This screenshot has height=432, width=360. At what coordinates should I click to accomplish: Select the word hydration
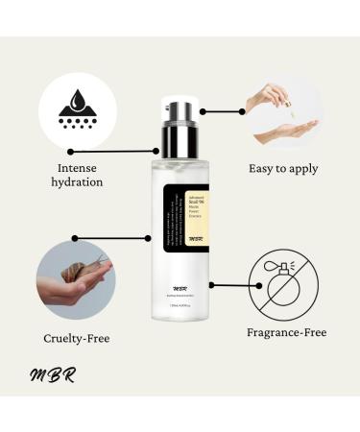[x=76, y=181]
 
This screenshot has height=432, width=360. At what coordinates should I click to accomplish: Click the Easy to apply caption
[x=283, y=169]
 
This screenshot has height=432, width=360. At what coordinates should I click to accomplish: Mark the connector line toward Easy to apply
[x=223, y=111]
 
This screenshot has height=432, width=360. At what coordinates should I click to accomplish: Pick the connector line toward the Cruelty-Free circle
[x=110, y=238]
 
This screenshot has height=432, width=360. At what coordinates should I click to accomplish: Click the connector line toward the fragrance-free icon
[x=230, y=284]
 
